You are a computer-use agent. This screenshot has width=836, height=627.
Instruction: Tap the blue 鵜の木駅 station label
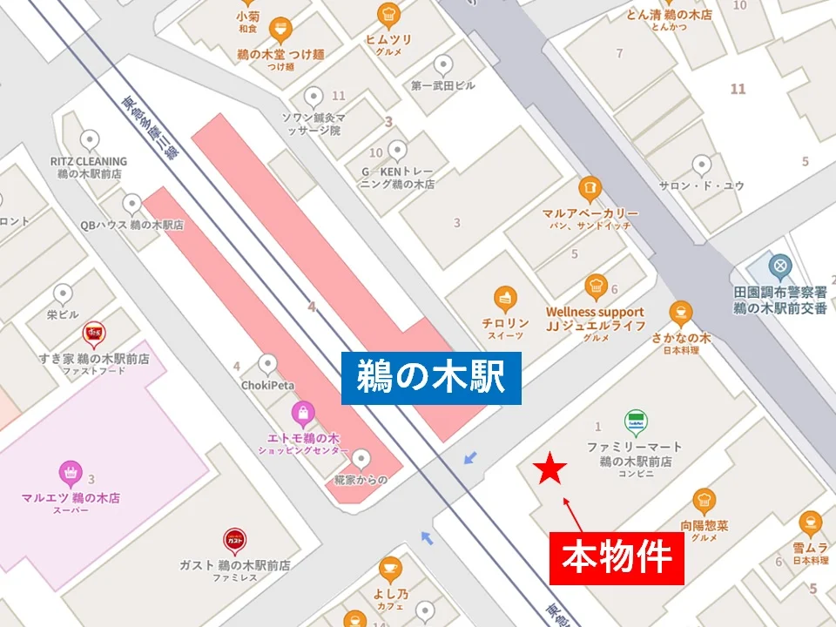point(431,378)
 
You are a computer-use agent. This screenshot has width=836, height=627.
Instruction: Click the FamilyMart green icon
point(635,423)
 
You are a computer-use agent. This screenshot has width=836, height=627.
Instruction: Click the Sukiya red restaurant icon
point(93,334)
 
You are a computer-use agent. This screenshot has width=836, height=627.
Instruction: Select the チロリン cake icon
point(503,298)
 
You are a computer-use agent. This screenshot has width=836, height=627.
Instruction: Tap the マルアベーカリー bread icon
point(590,188)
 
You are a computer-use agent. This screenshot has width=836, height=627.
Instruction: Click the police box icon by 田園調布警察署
point(779,264)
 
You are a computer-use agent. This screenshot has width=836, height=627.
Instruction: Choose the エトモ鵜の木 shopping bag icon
point(302,412)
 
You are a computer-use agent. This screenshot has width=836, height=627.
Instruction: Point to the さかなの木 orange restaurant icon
point(681,312)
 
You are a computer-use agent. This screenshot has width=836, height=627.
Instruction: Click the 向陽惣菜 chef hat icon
point(705,501)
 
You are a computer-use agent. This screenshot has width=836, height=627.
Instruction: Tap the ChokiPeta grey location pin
point(268,362)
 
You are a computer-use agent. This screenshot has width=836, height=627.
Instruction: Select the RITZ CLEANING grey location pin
point(89,140)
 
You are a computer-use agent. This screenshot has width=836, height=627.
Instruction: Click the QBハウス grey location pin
point(132,204)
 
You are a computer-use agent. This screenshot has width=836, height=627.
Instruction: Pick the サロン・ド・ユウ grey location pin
point(701,165)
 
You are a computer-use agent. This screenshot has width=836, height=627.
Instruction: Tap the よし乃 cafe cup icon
point(391,568)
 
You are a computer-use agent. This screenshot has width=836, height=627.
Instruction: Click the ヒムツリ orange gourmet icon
point(388,15)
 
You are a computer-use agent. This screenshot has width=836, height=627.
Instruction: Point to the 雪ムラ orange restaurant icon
point(810,522)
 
